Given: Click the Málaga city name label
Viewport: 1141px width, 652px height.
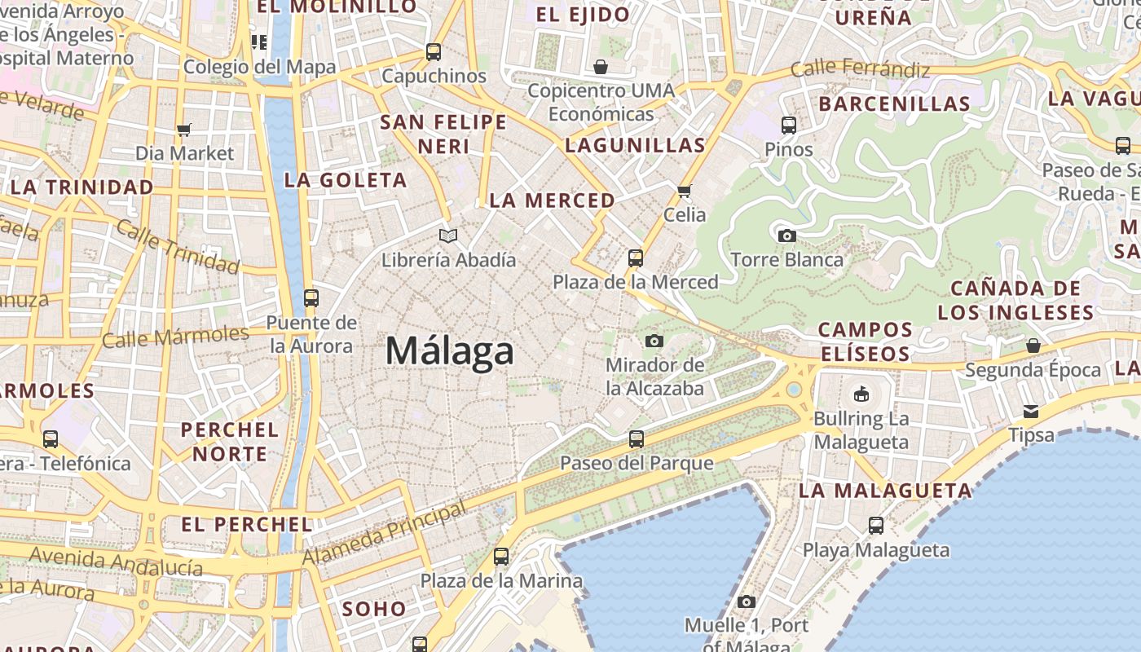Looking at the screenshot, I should tap(449, 351).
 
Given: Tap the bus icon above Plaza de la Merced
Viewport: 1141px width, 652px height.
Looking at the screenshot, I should tap(636, 258).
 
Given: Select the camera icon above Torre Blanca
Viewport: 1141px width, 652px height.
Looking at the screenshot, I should tap(786, 236).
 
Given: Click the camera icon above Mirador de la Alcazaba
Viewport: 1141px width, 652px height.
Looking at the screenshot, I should tap(654, 341).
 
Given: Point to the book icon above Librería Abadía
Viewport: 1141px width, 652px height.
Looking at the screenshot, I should tap(448, 236).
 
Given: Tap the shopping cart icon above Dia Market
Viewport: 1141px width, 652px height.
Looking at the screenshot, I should tap(184, 130).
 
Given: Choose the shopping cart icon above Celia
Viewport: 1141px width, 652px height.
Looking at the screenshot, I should tap(684, 192).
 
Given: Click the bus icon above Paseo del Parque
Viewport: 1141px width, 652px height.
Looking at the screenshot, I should tap(637, 439).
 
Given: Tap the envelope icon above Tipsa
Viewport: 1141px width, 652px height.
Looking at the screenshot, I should tap(1031, 412).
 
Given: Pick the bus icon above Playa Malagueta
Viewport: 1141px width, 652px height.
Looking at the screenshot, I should tap(876, 526).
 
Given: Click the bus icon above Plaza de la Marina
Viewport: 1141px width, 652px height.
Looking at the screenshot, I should tap(501, 557).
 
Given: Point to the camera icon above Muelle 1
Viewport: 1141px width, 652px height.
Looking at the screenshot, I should tap(746, 601).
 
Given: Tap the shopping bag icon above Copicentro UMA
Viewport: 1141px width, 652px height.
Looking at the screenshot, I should tap(601, 67).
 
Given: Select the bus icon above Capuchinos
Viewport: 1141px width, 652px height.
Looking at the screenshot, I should tap(434, 52).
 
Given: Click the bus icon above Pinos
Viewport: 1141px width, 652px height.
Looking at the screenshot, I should tap(788, 126).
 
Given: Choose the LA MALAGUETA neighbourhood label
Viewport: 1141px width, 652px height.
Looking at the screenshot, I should tap(885, 491).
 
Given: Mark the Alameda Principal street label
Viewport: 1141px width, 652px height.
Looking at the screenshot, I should tap(385, 534).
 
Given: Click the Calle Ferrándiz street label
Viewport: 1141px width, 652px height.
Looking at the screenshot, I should tap(860, 68).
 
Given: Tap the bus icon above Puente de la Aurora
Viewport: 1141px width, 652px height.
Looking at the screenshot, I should tap(311, 298).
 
